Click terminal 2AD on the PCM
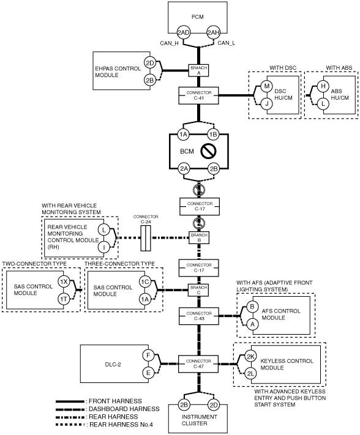pos(183,33)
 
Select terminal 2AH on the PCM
pos(214,33)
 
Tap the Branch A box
pos(199,70)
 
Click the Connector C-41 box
pos(199,95)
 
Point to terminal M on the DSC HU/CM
pos(267,86)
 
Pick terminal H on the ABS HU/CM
pos(323,86)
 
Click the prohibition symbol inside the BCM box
pos(209,152)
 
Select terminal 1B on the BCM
pos(213,135)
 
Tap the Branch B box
pos(199,238)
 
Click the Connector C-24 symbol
pos(146,238)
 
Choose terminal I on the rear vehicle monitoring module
pos(104,247)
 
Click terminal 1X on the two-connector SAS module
pos(64,282)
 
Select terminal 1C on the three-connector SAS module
pos(145,282)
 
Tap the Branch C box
pos(199,290)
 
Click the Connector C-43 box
pos(199,316)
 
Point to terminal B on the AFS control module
pos(252,307)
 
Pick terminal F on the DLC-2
pos(148,355)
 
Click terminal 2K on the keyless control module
pos(250,357)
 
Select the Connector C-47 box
pos(198,363)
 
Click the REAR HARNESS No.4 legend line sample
pos(70,425)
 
